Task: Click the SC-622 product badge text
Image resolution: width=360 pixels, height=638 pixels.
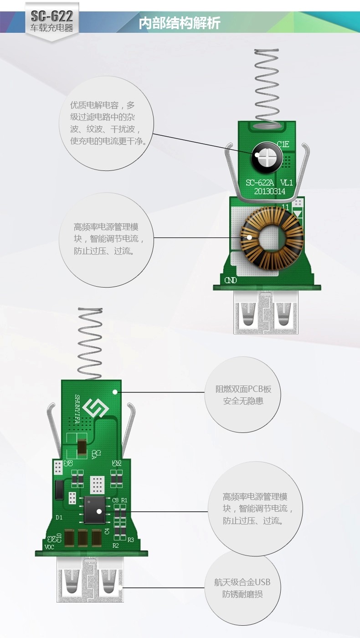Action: coord(51,17)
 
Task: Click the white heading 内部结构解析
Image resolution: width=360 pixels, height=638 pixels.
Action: coord(179,23)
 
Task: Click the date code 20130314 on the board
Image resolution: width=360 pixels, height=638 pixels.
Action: coord(266,191)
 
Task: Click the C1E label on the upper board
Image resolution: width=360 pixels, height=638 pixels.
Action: coord(283,144)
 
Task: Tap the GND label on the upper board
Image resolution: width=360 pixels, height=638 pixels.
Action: coord(231,280)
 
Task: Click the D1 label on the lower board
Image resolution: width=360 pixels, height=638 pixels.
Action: coord(59,517)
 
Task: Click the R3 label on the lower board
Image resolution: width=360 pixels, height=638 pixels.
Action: coord(131,540)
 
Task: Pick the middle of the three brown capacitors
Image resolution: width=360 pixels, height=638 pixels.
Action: coord(83,538)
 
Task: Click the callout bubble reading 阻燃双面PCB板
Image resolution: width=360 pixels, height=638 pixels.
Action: coord(243,395)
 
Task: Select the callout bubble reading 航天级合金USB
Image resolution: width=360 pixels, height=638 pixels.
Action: coord(242,588)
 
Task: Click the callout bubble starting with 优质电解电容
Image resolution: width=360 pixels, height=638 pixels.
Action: coord(107,123)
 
